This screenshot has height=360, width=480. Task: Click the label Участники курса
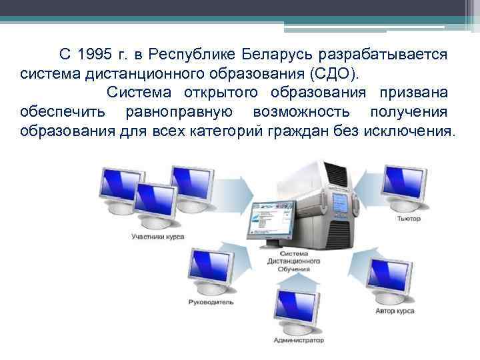pyautogui.click(x=158, y=236)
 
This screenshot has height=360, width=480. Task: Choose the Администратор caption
pyautogui.click(x=295, y=340)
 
